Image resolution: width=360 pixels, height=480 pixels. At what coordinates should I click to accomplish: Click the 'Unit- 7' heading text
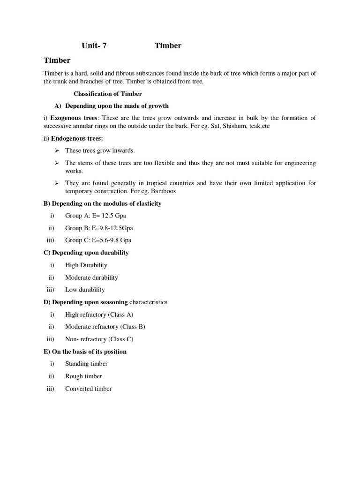tap(97, 45)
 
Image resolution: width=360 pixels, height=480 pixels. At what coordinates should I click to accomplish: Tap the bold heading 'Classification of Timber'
tap(108, 94)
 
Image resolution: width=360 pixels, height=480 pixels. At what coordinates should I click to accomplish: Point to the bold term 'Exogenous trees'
tap(74, 118)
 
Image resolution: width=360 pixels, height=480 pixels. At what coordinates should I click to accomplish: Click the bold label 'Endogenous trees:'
tap(77, 138)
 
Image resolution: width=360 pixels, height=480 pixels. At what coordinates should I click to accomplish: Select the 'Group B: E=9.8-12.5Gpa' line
tap(99, 228)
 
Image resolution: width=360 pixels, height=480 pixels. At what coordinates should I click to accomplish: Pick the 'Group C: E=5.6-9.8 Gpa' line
tap(98, 240)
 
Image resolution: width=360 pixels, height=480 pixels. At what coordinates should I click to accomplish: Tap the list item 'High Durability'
tap(86, 265)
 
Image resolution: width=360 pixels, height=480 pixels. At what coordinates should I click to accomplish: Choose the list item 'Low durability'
tap(85, 290)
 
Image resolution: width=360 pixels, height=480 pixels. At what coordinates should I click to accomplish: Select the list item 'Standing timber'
tap(86, 364)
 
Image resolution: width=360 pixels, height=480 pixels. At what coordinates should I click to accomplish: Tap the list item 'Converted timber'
tap(88, 389)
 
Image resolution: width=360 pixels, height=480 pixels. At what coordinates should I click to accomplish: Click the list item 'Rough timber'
tap(83, 376)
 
